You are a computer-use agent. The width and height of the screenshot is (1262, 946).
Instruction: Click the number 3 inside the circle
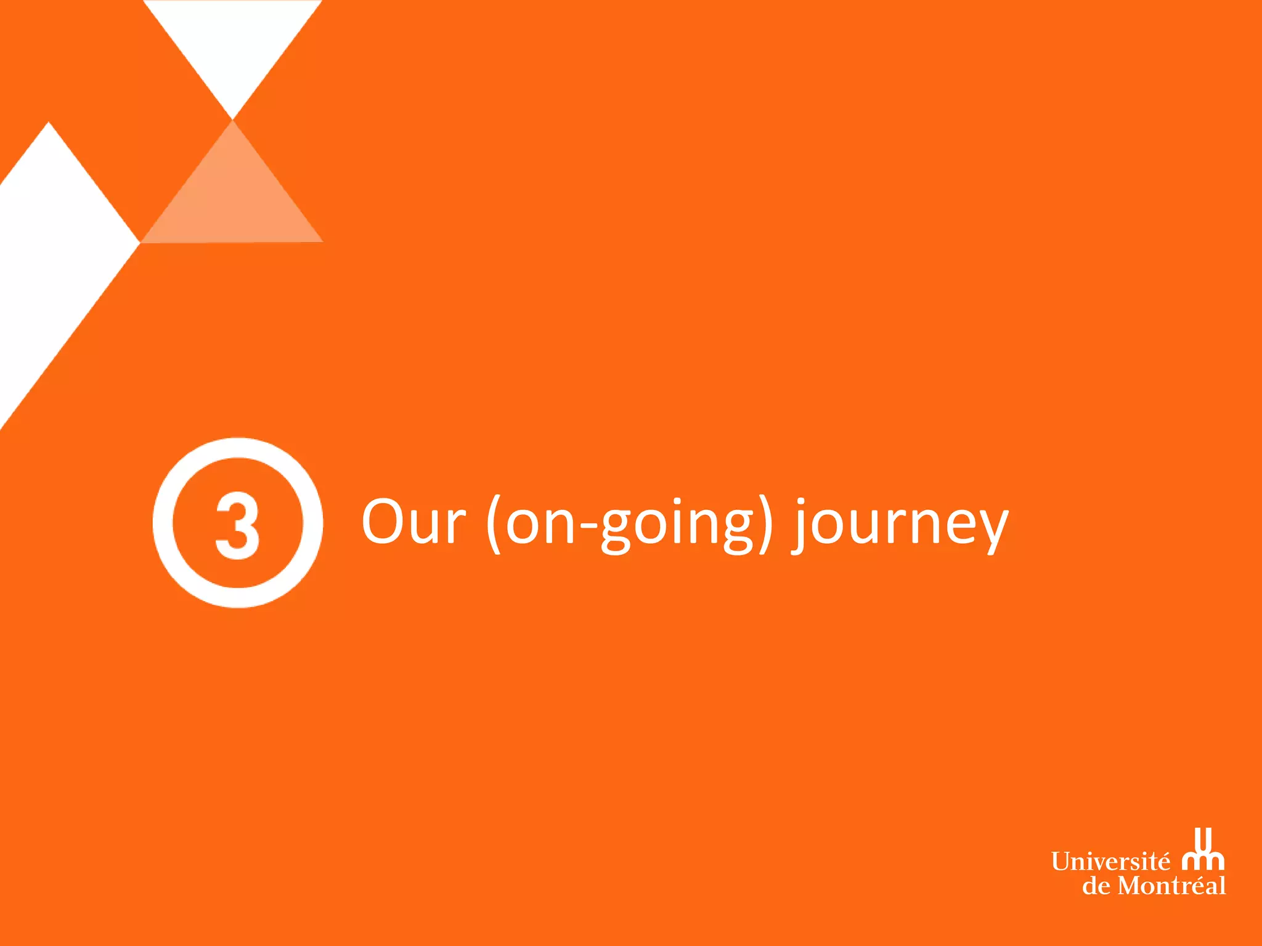click(x=237, y=525)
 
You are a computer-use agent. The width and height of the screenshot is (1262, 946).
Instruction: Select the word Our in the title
click(x=413, y=522)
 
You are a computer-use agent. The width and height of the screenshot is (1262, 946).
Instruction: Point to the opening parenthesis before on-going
click(x=494, y=524)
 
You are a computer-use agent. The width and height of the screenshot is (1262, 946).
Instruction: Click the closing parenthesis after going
click(x=766, y=524)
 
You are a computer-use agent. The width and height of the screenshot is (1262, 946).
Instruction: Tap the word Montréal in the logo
click(x=1171, y=886)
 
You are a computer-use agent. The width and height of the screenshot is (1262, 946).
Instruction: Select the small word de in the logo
click(x=1096, y=886)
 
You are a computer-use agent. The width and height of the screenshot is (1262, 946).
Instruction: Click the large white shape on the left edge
click(x=49, y=246)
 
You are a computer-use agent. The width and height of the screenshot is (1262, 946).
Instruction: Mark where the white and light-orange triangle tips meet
click(x=233, y=119)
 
